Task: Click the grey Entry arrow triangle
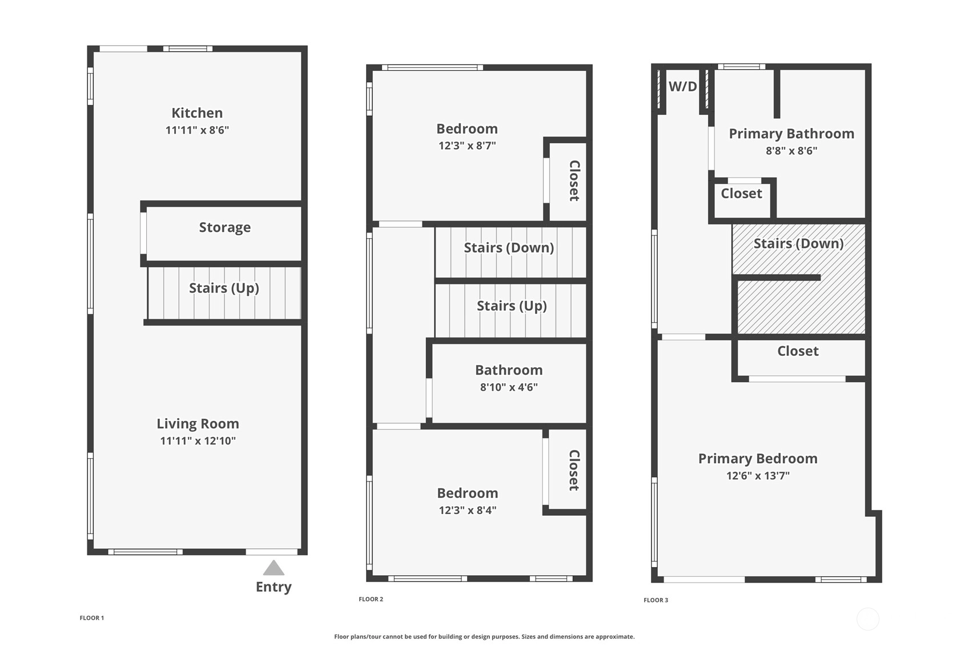point(274,568)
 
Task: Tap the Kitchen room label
point(197,113)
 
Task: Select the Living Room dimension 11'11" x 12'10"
point(198,441)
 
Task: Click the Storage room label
point(225,227)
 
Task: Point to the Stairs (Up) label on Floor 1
point(224,288)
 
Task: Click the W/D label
point(682,87)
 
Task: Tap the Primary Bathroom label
point(791,134)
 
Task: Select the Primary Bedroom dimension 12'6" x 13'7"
point(758,476)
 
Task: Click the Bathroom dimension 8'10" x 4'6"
point(509,387)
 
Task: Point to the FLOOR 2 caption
point(371,599)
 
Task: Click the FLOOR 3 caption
point(656,600)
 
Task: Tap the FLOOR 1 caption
point(92,618)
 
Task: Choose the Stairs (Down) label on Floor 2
point(509,248)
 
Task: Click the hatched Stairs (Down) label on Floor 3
point(799,243)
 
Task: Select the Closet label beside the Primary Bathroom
point(742,194)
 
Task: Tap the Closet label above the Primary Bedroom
point(798,351)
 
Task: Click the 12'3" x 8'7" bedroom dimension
point(467,146)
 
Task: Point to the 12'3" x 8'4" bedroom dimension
point(468,511)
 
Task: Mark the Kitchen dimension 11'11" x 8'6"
point(197,130)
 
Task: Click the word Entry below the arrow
point(274,587)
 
